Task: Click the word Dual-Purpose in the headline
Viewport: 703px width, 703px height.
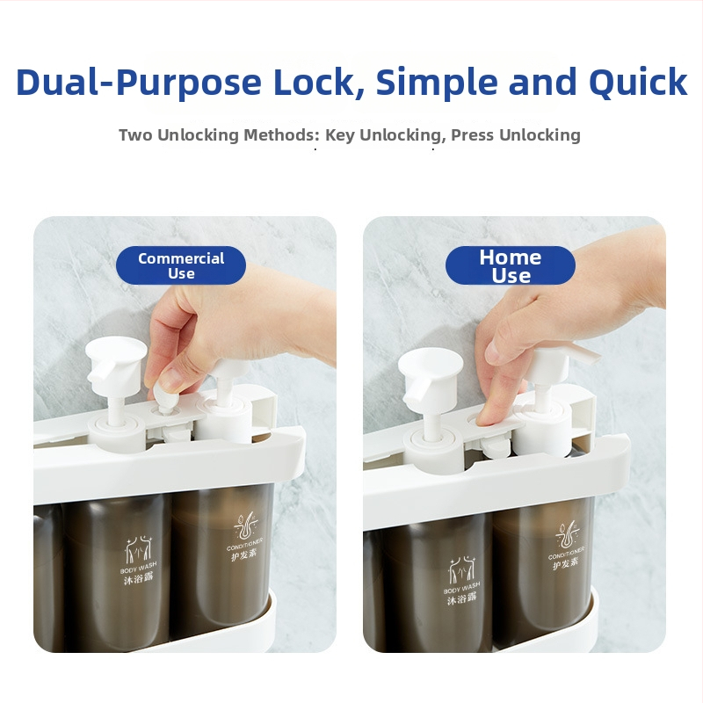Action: point(139,83)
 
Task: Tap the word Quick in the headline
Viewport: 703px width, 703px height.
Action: point(638,83)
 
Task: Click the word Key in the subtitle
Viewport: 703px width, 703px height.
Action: point(340,135)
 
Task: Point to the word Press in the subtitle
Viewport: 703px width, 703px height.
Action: point(472,134)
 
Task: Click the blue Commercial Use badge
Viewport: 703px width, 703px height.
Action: point(181,265)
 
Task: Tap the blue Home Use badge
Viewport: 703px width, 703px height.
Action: point(511,265)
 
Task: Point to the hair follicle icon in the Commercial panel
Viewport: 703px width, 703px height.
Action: point(245,525)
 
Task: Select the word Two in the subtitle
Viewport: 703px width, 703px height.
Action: point(136,134)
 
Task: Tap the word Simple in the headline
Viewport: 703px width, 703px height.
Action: point(436,83)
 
